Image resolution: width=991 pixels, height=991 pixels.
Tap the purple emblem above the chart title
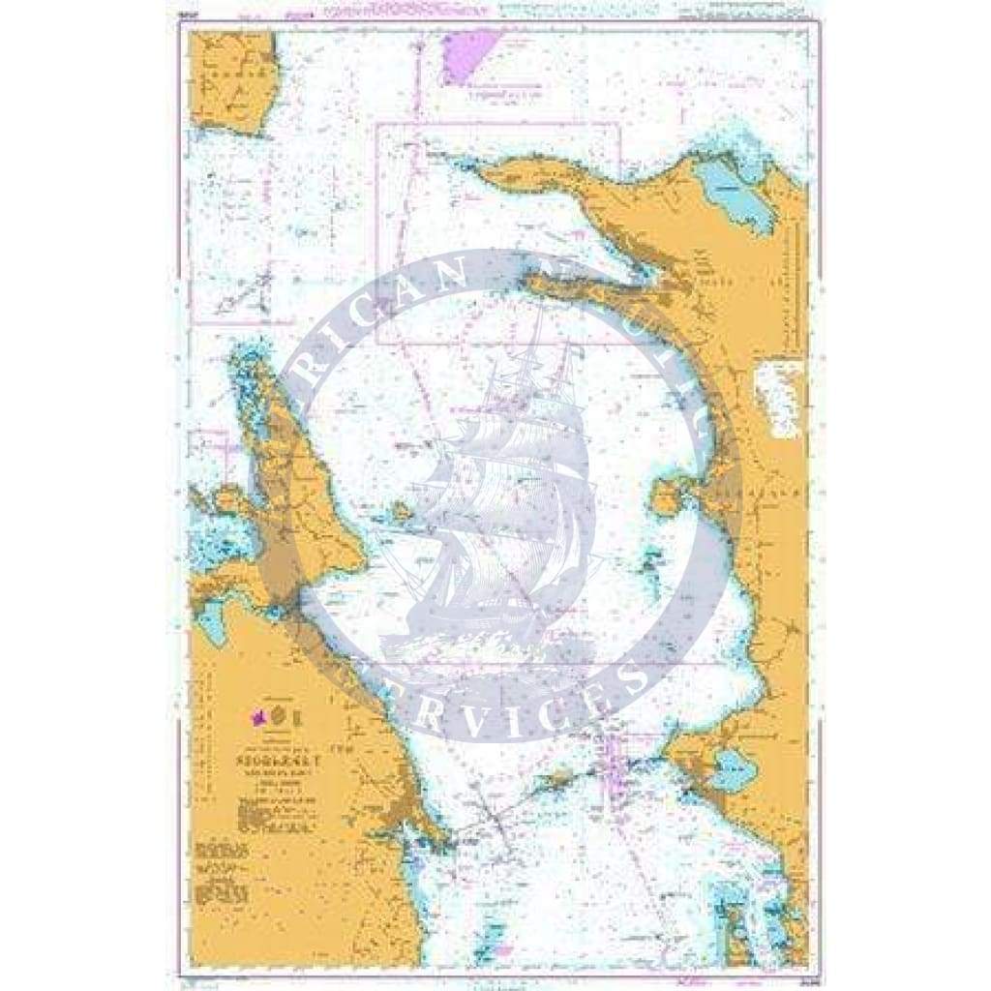(259, 718)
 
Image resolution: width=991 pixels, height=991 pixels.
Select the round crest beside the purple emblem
(279, 717)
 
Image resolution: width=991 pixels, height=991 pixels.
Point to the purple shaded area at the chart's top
(468, 54)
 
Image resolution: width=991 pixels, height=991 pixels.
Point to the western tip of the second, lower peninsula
(528, 283)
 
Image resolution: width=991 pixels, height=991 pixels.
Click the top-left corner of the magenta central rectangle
(376, 125)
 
